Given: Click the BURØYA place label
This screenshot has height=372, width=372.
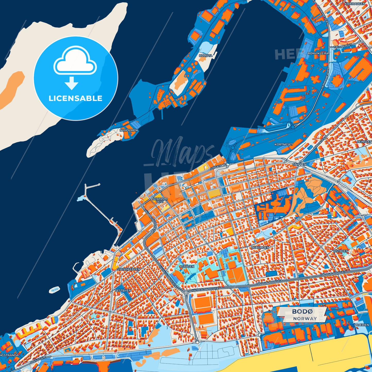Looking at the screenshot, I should point(205,56).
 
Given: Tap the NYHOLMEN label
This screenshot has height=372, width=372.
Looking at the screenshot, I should point(128,130).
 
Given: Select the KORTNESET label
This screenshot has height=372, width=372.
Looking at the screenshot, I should point(283,144).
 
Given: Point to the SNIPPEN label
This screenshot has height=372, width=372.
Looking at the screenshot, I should point(299,164).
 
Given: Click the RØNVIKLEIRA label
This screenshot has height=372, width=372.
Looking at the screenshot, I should point(318,53).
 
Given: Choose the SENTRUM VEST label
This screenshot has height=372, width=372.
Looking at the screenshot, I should point(160,200).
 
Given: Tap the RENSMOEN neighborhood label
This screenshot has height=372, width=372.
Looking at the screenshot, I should point(260,247).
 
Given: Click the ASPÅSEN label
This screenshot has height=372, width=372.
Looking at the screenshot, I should point(187,266).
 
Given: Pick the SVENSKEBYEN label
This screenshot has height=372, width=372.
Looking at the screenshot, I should point(128,269).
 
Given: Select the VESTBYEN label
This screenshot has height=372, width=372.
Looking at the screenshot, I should point(123,290).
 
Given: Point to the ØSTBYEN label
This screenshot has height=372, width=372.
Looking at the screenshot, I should point(341,251).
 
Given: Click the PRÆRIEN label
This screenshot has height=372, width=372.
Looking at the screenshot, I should point(361,325).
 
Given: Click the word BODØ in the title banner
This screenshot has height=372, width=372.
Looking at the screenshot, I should point(302,312).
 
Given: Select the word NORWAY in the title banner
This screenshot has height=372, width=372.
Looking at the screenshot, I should point(305,318).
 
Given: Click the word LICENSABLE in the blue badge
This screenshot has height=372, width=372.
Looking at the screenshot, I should point(75,98).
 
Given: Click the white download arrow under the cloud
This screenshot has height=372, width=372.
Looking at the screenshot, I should point(72,83).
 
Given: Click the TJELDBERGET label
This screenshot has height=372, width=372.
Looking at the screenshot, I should point(342,46).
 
